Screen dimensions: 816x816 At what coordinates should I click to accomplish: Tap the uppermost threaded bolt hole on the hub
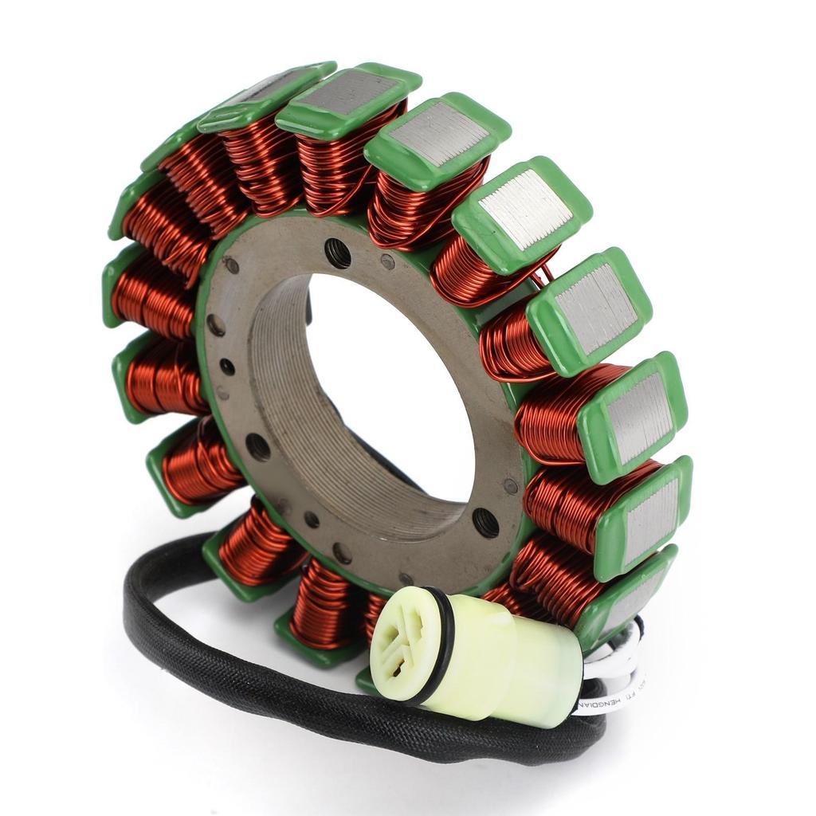338,253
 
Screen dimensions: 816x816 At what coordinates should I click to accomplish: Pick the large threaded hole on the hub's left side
257,446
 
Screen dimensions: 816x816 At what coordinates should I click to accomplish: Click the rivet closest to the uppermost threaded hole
387,261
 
